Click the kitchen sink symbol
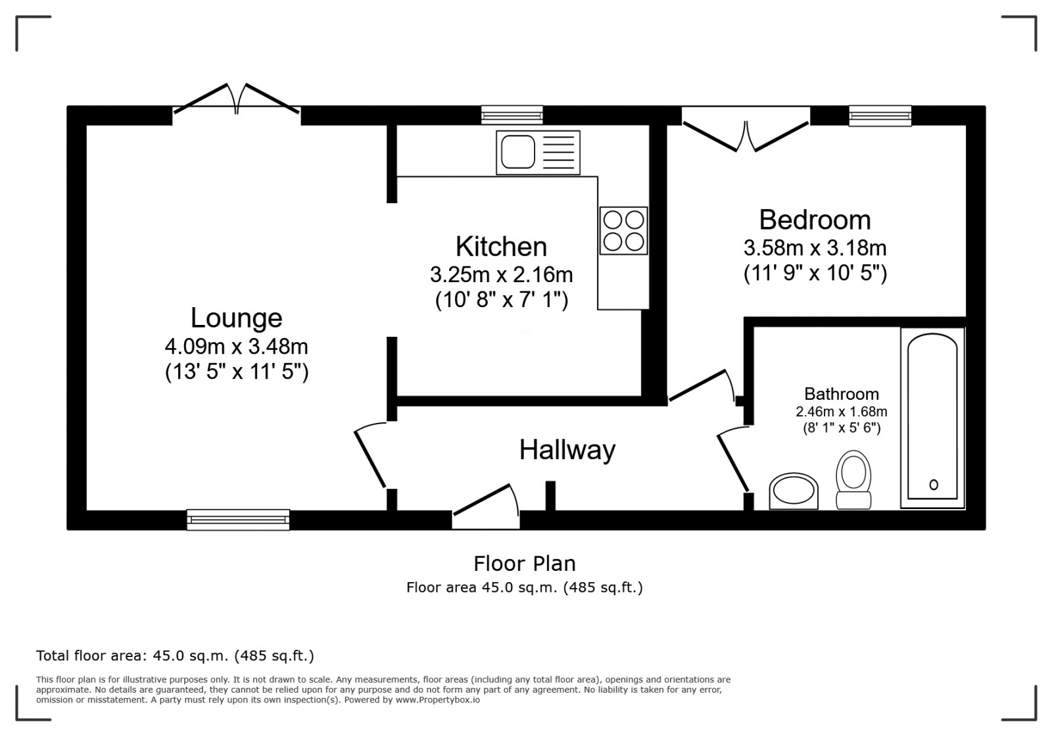tap(538, 153)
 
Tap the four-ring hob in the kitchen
tap(623, 231)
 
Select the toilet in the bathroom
tap(853, 479)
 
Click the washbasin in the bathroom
tap(794, 491)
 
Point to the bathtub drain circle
tap(934, 485)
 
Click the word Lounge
tap(236, 318)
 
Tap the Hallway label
tap(567, 451)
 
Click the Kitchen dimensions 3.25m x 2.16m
tap(501, 274)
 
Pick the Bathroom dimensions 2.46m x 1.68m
tap(841, 412)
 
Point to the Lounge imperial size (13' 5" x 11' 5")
tap(236, 372)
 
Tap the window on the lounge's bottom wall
tap(238, 520)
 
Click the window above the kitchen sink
tap(512, 116)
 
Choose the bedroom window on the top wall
tap(880, 116)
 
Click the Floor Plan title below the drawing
tap(524, 564)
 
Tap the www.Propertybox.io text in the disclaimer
tap(437, 700)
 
